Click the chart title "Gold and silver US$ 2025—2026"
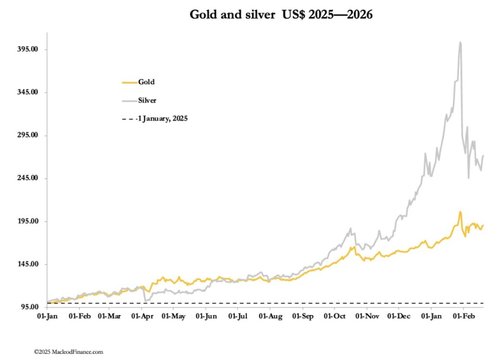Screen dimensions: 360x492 pos(281,15)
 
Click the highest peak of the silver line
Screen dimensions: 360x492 pos(460,42)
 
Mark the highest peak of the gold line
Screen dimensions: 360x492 pos(460,212)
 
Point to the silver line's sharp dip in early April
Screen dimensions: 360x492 pos(145,300)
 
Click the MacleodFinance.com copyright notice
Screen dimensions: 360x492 pos(68,352)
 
